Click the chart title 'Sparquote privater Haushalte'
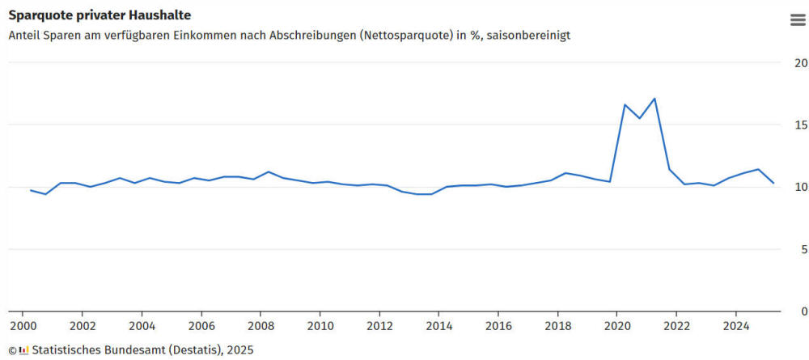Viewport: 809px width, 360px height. point(100,15)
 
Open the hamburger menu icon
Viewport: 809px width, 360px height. point(798,20)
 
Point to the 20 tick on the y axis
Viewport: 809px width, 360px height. point(801,63)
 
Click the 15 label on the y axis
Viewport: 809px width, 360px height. point(801,125)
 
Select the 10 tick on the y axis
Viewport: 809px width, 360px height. point(801,187)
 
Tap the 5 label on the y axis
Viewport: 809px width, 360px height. point(803,249)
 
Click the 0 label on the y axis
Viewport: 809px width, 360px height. point(803,311)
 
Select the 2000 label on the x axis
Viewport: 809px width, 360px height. point(23,326)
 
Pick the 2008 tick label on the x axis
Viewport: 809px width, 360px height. point(260,326)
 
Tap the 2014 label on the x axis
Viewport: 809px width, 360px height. point(438,326)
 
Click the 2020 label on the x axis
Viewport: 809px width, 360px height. point(617,326)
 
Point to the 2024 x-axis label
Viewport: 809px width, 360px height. point(735,326)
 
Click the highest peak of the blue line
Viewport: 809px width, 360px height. point(654,99)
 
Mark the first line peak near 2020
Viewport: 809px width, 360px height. point(625,104)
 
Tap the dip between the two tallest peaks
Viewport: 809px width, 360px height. point(639,118)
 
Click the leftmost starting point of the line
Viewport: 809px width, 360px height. point(31,190)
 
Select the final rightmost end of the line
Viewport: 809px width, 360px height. point(773,183)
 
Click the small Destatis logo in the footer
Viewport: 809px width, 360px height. point(24,350)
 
